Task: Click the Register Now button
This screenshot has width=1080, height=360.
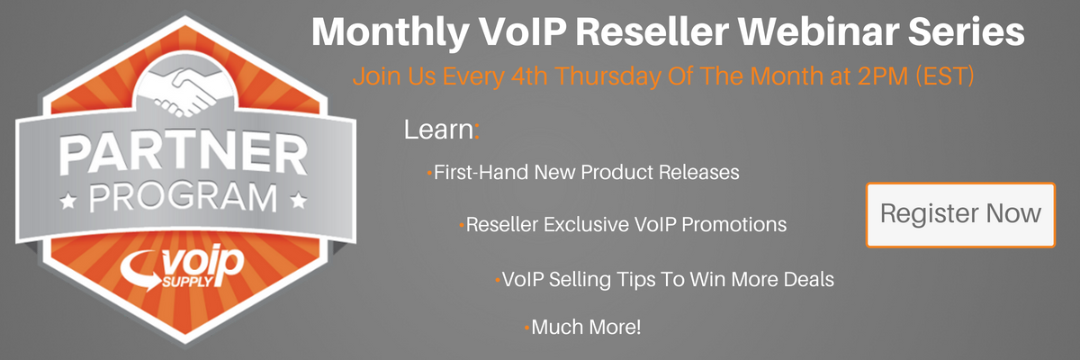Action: pos(960,214)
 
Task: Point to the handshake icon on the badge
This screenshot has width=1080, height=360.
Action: pos(185,92)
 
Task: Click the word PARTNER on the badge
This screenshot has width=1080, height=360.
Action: pos(184,154)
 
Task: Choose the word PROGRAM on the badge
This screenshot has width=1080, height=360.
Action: pos(184,198)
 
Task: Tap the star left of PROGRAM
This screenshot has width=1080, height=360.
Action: pos(68,200)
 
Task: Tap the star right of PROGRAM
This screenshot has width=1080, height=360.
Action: pos(299,200)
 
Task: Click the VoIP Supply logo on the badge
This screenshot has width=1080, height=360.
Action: pos(182,267)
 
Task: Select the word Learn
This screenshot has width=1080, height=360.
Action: pos(439,130)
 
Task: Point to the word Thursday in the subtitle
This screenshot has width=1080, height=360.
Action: pos(608,76)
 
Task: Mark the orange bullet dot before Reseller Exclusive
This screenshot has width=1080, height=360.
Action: pos(462,225)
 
